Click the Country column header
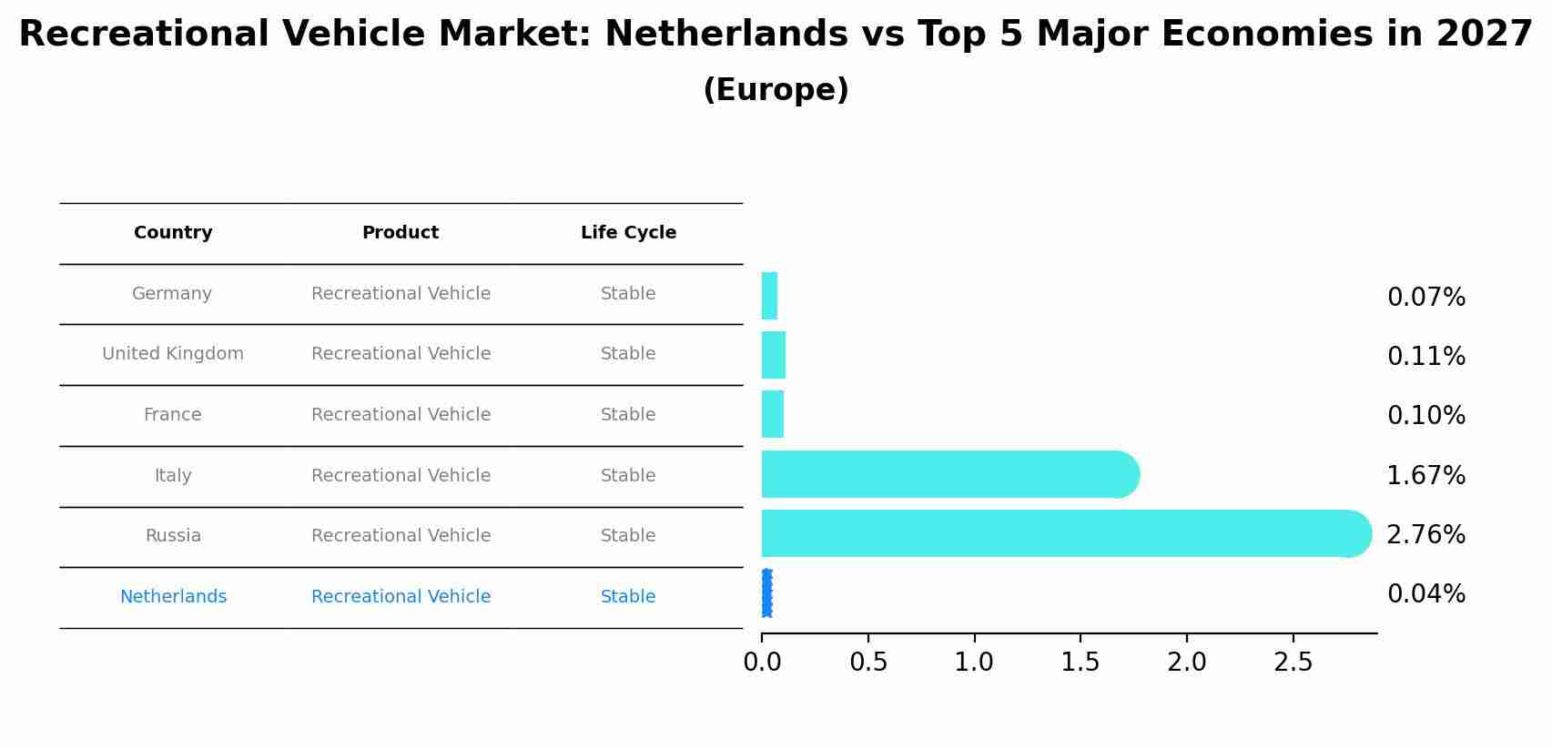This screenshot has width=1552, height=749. pos(173,233)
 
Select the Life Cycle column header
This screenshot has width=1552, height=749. pos(628,233)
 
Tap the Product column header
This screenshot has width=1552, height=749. pos(401,233)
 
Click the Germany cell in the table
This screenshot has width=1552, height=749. pos(172,294)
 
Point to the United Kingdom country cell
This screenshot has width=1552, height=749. pos(173,354)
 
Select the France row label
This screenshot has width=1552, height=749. pos(172,415)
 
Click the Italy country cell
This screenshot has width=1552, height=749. pos(173,476)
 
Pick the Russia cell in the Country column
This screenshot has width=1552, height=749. pos(173,536)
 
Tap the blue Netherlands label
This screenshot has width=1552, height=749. pos(173,597)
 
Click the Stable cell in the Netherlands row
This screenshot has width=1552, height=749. pos(628,597)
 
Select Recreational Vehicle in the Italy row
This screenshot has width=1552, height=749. pos(401,476)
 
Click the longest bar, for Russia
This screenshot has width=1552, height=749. pos(1056,533)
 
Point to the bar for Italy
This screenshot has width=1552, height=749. pos(947,474)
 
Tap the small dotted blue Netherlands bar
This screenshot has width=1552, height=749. pos(766,593)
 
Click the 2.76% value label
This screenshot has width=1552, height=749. pos(1425,535)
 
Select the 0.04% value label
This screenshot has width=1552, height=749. pos(1425,594)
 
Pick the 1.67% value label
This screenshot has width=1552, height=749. pos(1425,476)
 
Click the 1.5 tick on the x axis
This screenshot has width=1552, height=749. pos(1080,663)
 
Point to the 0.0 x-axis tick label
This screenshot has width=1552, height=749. pos(762,663)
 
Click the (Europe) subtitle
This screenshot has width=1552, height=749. pos(776,90)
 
